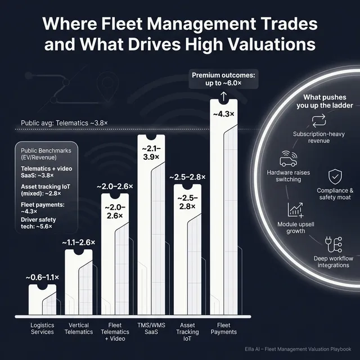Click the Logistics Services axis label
[43, 328]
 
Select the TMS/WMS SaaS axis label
[150, 328]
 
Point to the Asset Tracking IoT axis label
[187, 332]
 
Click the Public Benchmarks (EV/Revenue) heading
[46, 155]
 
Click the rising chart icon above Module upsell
[296, 210]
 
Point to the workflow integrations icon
[332, 244]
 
